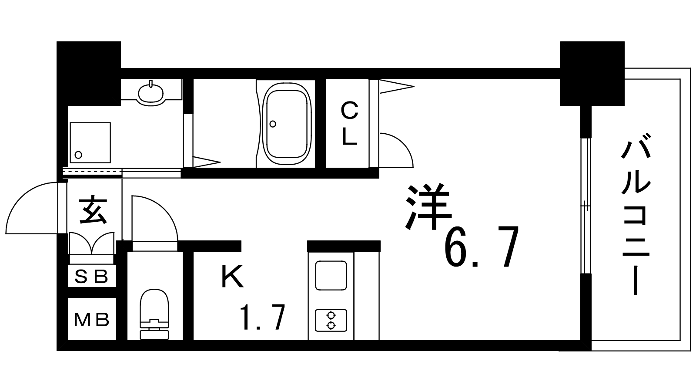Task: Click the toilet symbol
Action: tap(154, 314)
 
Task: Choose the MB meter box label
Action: tap(92, 320)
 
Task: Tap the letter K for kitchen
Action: tap(232, 277)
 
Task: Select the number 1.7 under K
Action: tap(263, 318)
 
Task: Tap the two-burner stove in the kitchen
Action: tap(331, 321)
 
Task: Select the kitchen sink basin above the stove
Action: tap(331, 276)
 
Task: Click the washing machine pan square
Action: tap(90, 142)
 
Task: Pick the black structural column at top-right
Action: tap(592, 74)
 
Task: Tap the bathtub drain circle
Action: tap(273, 124)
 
